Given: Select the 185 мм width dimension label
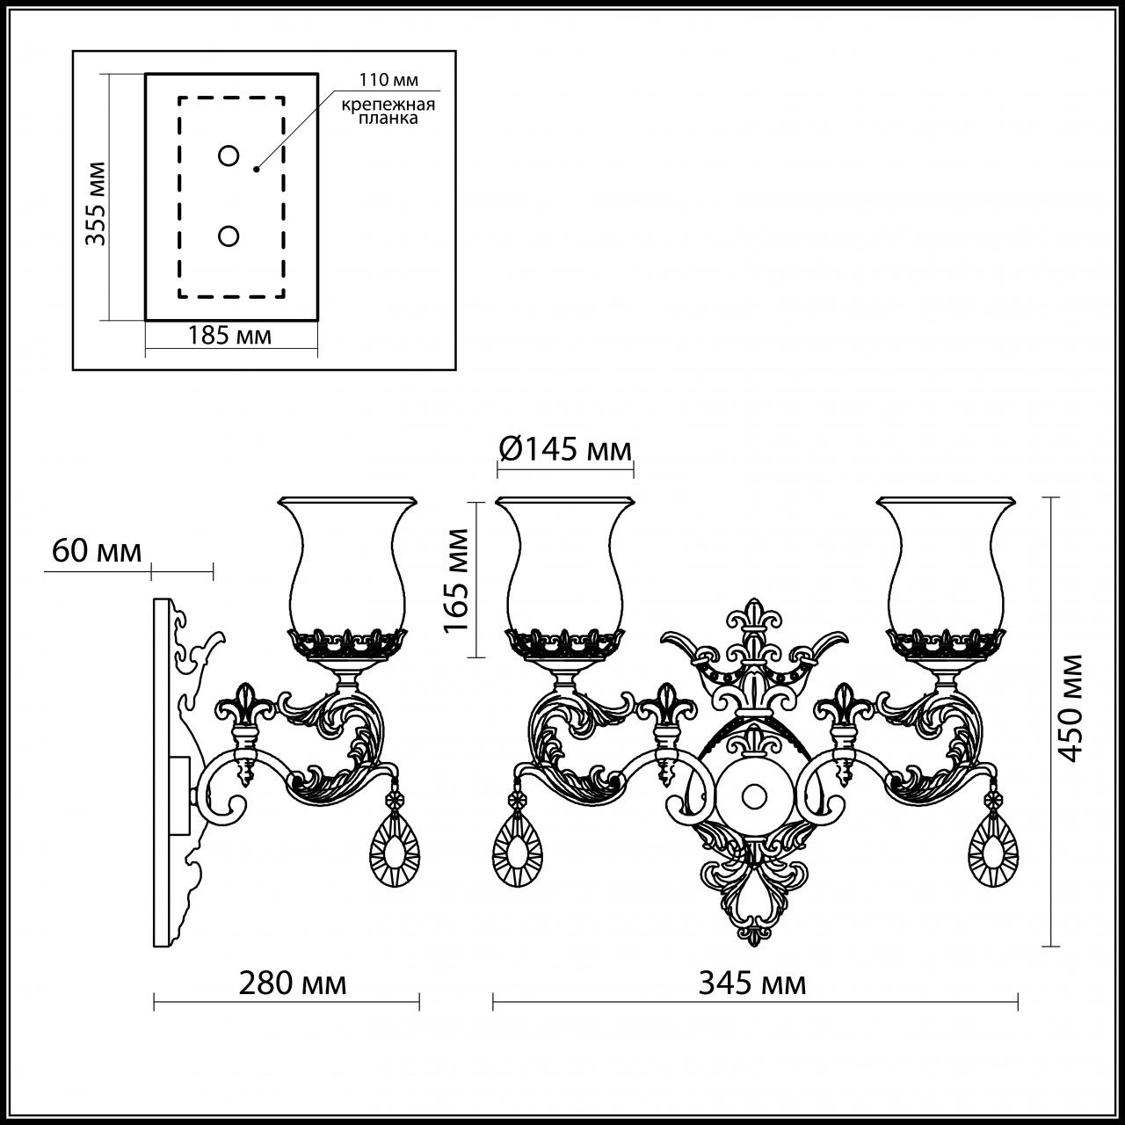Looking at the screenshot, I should pos(229,335).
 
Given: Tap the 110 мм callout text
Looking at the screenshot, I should pos(388,80).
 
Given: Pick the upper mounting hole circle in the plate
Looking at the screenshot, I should pos(229,156).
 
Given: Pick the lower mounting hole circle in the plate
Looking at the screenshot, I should pos(229,236).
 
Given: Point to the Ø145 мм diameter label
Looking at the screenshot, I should pos(565,449).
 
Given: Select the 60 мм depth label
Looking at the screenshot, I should pos(97,551).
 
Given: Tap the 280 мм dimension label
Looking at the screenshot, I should pos(293,983).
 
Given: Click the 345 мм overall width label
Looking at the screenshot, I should pos(752,983).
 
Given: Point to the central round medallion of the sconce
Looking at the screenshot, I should pos(753,796).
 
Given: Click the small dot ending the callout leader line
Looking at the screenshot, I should pos(257,168).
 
